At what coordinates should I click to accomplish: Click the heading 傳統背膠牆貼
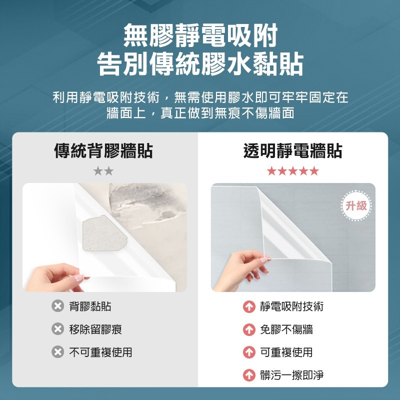coord(103,150)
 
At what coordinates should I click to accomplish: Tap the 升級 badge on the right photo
coord(356,205)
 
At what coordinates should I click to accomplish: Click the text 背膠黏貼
coord(90,306)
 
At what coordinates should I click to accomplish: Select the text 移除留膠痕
coord(95,329)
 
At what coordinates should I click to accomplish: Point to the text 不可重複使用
coord(100,352)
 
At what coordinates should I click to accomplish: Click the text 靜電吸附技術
coord(291,306)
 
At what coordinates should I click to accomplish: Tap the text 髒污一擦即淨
coord(291,375)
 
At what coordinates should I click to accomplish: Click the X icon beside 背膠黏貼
coord(58,306)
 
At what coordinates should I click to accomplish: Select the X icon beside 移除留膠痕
coord(58,329)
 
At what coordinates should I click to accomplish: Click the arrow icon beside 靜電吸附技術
coord(249,306)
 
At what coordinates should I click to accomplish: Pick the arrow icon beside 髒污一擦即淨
coord(249,375)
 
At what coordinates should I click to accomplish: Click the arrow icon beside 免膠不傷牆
coord(249,329)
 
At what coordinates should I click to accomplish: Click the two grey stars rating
coord(103,171)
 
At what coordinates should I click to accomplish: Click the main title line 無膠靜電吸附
coord(200,36)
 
